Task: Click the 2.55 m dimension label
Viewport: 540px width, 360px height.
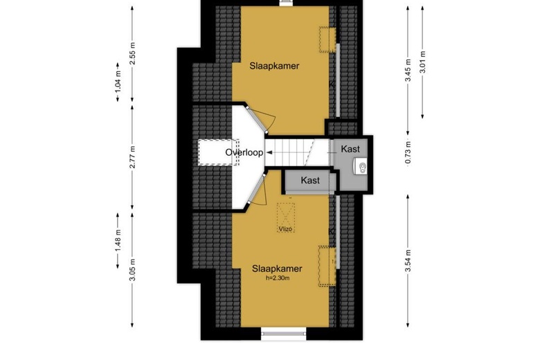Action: pos(132,53)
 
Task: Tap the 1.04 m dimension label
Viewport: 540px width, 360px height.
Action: pos(118,82)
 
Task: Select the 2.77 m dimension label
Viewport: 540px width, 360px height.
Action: pos(132,157)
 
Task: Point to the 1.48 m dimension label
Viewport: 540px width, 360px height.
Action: pos(118,241)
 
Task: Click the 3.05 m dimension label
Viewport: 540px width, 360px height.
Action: pos(132,270)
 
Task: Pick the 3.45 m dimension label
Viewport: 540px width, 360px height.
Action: pos(408,71)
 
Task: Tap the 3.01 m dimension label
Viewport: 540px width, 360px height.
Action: pos(422,62)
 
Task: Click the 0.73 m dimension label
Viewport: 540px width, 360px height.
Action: pos(408,152)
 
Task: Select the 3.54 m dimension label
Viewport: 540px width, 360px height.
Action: pos(408,260)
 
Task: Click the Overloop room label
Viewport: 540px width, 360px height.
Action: pos(244,152)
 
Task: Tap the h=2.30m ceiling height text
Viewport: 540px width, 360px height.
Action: pos(277,278)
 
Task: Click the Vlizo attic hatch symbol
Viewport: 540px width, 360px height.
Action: pos(286,217)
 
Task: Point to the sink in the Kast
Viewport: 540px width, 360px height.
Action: pos(360,168)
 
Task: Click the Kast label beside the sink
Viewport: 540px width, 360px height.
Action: pos(350,149)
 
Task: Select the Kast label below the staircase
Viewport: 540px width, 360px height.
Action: pos(310,180)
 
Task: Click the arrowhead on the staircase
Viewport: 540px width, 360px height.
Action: pos(269,152)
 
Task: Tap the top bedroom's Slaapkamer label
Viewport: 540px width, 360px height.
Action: pos(274,66)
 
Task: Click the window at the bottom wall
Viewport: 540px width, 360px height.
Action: pos(283,334)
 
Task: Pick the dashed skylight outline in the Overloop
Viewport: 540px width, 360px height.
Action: pos(219,152)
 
